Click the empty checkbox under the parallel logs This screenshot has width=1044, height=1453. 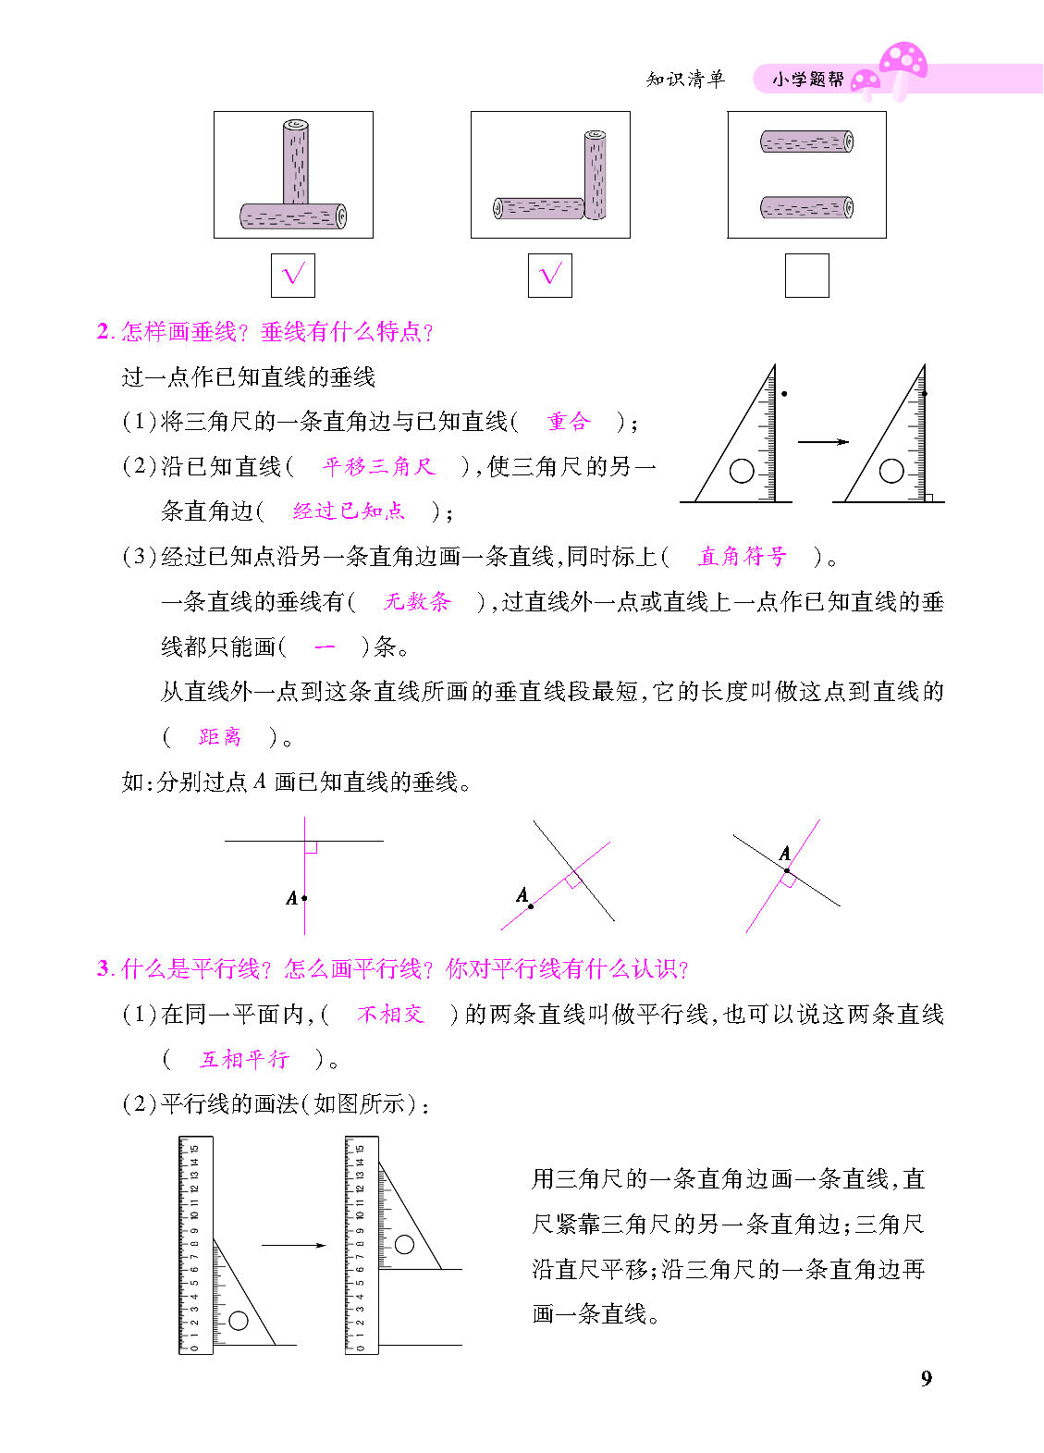[806, 276]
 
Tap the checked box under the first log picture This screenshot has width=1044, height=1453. [292, 276]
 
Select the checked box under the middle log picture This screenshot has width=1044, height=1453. [549, 276]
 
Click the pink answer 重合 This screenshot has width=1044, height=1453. [568, 422]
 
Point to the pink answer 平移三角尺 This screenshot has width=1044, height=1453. [378, 466]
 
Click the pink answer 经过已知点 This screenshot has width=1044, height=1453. [349, 511]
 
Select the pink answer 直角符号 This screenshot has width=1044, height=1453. [742, 556]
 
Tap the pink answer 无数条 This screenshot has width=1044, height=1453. [417, 602]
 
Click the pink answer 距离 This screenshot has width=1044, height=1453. [220, 737]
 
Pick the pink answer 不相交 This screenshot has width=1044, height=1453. [390, 1015]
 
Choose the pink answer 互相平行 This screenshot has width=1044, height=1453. [244, 1059]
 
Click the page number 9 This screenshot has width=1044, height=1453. [927, 1379]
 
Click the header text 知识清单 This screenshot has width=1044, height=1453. [685, 80]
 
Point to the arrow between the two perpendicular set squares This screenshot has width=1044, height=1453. [822, 441]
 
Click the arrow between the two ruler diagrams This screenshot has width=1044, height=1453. [293, 1245]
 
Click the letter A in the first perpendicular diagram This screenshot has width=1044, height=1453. [291, 897]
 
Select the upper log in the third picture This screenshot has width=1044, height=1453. [806, 142]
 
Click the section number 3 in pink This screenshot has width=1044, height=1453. [103, 968]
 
